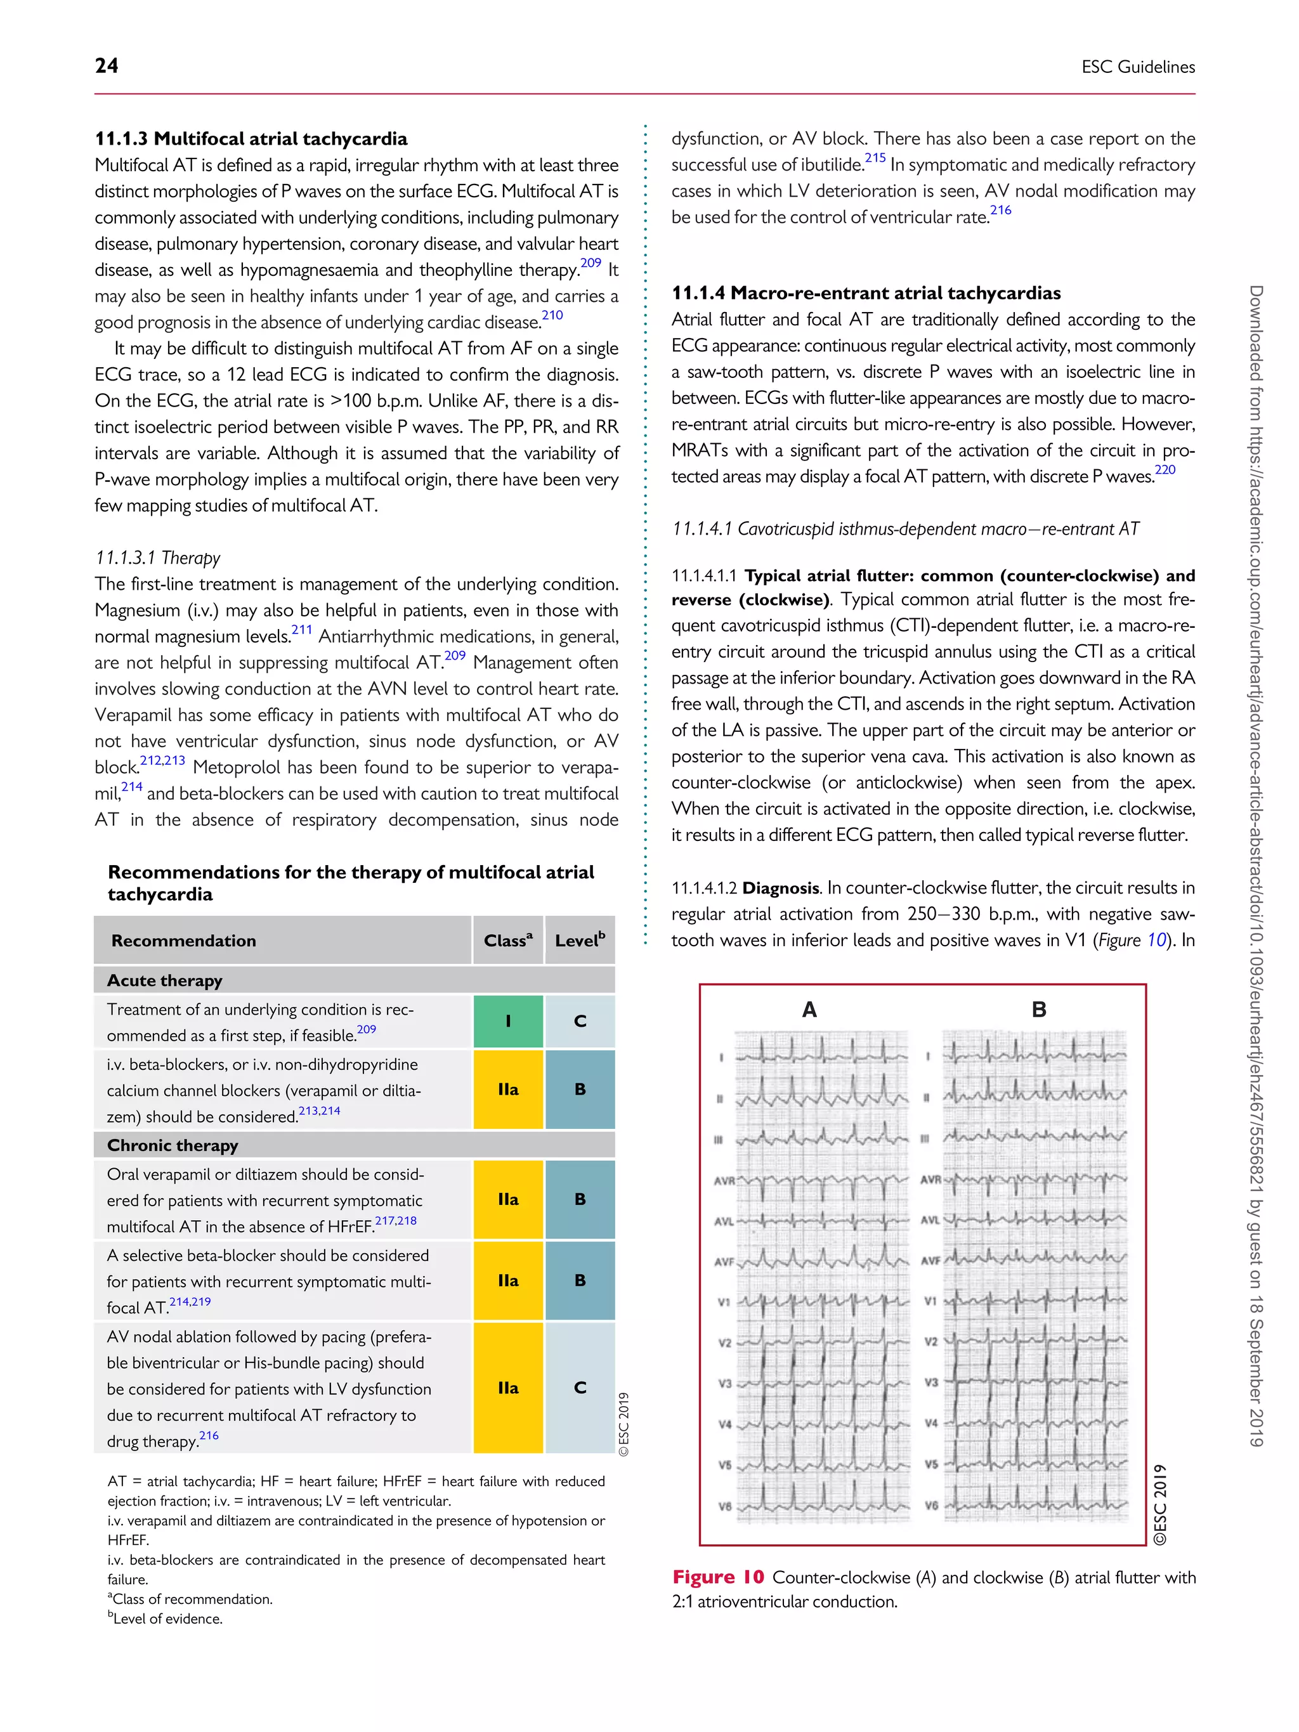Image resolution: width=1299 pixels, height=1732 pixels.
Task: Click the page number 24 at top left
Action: coord(107,66)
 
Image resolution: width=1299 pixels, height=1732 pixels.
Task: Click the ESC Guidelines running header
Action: coord(1138,67)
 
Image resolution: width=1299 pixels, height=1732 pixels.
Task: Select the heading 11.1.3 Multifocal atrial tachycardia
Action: coord(251,139)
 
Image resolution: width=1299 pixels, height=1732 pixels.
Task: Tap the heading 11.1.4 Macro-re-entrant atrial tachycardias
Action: coord(866,293)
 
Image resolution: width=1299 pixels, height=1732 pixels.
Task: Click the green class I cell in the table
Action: coord(507,1021)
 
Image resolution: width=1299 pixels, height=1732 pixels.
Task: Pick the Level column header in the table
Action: coord(580,941)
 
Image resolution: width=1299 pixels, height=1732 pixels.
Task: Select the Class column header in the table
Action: coord(507,941)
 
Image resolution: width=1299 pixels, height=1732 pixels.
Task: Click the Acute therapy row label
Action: coord(164,980)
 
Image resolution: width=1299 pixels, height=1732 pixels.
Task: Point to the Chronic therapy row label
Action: coord(173,1145)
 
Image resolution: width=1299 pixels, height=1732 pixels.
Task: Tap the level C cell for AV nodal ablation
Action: coord(580,1388)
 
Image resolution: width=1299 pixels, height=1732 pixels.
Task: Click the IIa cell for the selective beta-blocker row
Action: coord(507,1280)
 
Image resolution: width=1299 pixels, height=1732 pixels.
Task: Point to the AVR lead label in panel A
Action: coord(724,1181)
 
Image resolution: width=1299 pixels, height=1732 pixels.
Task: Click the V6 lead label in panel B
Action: coord(930,1506)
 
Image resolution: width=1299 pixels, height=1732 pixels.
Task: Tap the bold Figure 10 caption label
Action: coord(717,1577)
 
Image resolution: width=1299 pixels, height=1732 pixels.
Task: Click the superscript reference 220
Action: coord(1165,470)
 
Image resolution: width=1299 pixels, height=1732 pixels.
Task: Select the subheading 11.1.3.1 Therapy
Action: coord(157,557)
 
